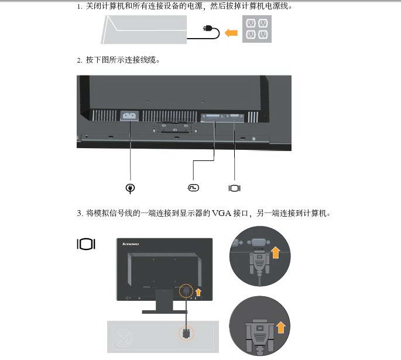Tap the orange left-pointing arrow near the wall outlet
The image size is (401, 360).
click(x=231, y=33)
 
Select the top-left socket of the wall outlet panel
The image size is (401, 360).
click(x=251, y=24)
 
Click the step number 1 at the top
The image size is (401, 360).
click(x=79, y=6)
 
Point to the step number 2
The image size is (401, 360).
click(x=79, y=60)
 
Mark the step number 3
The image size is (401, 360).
click(x=79, y=213)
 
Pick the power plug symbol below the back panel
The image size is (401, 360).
click(x=131, y=188)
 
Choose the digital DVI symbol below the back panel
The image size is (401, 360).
click(x=194, y=187)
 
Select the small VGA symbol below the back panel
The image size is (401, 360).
click(x=234, y=188)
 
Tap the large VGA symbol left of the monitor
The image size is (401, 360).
click(x=86, y=244)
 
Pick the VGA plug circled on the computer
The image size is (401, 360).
click(x=186, y=334)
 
